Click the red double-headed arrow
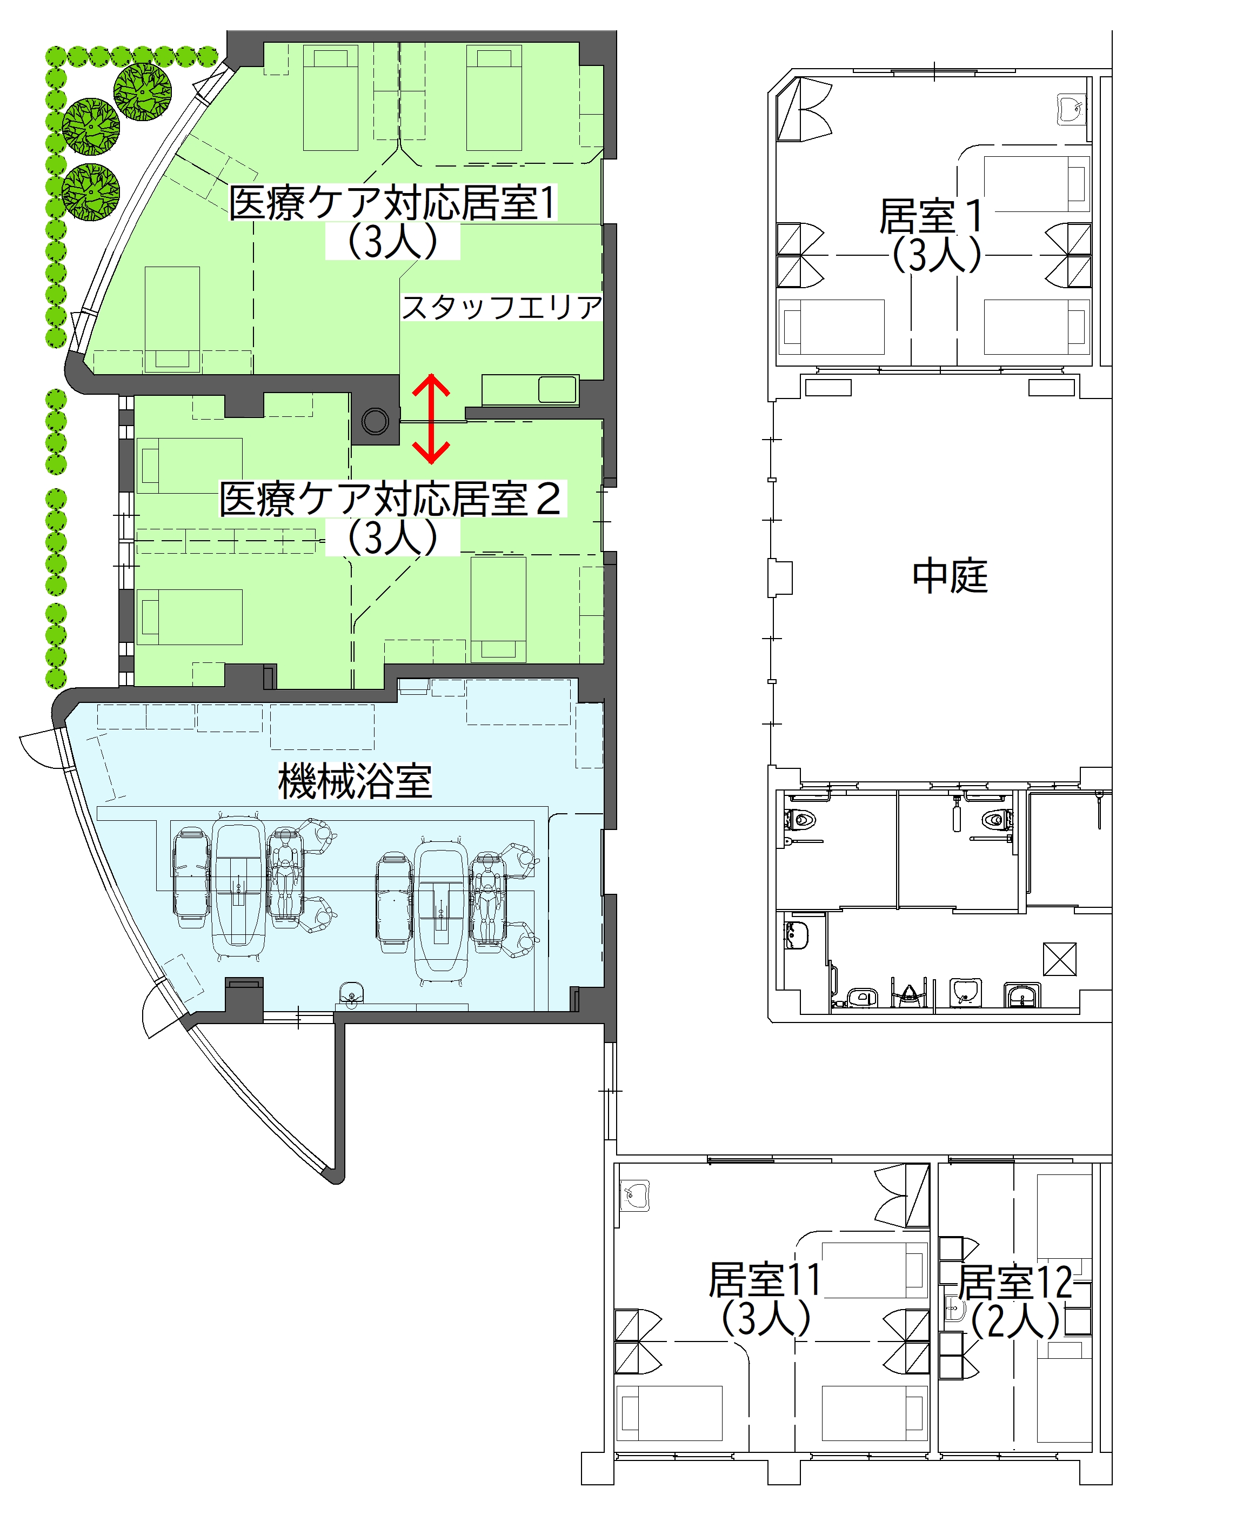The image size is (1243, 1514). pos(431,419)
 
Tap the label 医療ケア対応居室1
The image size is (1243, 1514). pos(392,203)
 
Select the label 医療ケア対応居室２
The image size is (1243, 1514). pos(391,499)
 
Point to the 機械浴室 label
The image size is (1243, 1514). pos(355,781)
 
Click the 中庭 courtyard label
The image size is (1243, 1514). pos(950,576)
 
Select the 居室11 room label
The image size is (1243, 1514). pos(764,1279)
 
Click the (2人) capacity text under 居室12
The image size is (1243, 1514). pos(1015,1320)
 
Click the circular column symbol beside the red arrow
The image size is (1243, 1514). pos(375,420)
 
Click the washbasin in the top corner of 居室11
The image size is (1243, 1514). pos(634,1196)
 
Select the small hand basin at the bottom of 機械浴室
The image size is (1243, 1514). pos(351,993)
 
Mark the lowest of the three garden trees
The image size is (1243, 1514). pos(90,192)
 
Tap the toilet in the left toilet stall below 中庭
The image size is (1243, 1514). pos(800,819)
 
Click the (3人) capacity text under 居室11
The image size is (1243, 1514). pos(765,1318)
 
